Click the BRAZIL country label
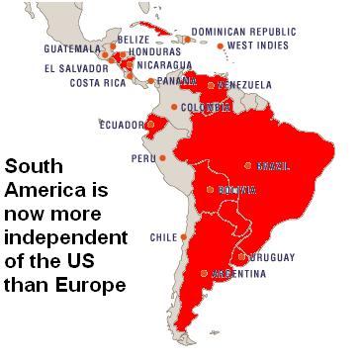(274, 165)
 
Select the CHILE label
(163, 237)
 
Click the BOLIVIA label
(237, 189)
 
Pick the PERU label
(142, 157)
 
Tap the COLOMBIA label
(205, 107)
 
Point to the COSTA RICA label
(97, 82)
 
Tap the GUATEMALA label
(72, 47)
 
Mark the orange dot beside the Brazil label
(248, 165)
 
